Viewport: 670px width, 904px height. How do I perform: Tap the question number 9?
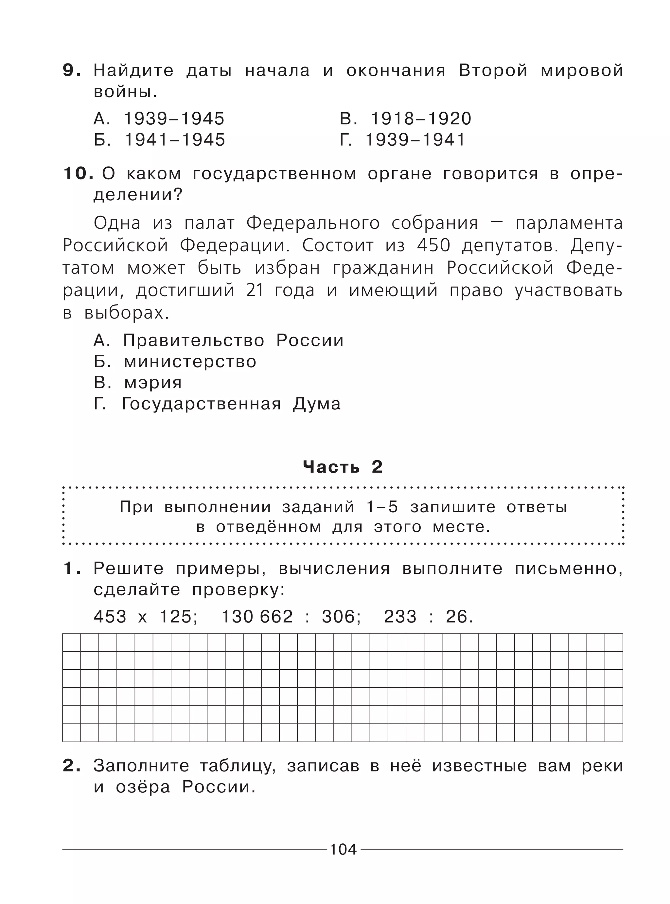click(x=71, y=71)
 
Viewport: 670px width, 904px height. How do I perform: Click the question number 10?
click(x=78, y=174)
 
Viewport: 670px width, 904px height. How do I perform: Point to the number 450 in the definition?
click(x=433, y=245)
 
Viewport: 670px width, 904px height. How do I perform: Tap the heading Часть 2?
click(x=343, y=467)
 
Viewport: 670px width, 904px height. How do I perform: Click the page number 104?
click(x=343, y=849)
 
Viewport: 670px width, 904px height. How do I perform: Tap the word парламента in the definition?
click(x=569, y=223)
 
